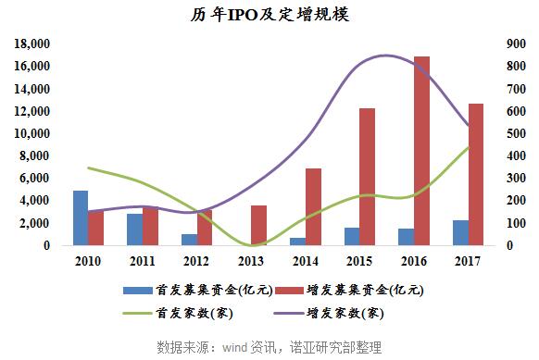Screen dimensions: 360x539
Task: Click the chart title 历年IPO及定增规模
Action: [x=270, y=16]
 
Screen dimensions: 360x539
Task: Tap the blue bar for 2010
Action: [x=81, y=217]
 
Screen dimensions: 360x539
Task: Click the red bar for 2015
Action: [x=367, y=177]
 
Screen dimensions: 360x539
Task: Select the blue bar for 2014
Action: [x=297, y=242]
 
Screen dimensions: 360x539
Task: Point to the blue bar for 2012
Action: [x=189, y=240]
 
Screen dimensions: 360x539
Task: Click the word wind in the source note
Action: [x=236, y=347]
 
